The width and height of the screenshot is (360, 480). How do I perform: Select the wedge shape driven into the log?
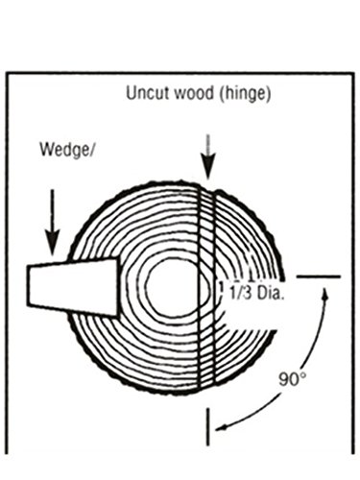click(x=73, y=284)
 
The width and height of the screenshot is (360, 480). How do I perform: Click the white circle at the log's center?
click(x=171, y=285)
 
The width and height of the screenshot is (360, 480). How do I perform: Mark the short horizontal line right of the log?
click(x=318, y=276)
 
